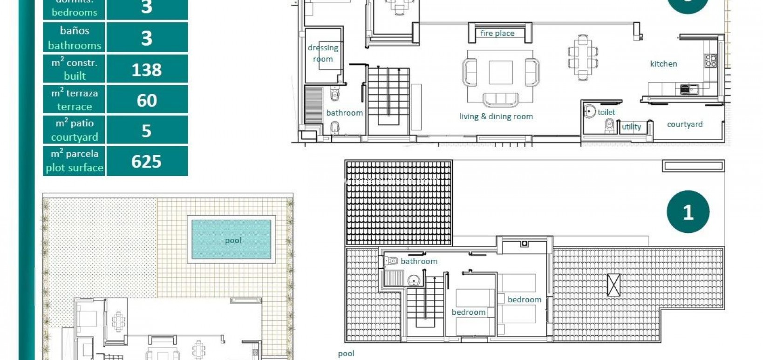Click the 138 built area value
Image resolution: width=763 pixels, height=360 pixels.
[146, 70]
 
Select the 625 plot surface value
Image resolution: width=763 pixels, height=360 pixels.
[146, 162]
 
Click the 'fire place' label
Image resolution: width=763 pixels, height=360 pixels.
[497, 34]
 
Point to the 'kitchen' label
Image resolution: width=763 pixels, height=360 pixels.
[663, 64]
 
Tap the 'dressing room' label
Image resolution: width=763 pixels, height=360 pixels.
[323, 53]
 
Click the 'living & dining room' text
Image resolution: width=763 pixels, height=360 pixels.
[496, 116]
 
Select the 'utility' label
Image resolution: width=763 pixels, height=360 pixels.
[631, 127]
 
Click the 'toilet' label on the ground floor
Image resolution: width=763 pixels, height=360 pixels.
[606, 112]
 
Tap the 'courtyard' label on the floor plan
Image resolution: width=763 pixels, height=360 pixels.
[684, 124]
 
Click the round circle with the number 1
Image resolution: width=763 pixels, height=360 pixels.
[688, 212]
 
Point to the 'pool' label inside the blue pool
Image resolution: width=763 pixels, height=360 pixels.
[233, 240]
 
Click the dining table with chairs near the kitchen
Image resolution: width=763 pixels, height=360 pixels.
[582, 58]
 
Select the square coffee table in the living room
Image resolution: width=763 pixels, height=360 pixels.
[500, 72]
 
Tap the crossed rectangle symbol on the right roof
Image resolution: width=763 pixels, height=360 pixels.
[613, 285]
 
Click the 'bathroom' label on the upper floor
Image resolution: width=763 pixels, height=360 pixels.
[419, 261]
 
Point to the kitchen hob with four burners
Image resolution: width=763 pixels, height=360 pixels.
[710, 61]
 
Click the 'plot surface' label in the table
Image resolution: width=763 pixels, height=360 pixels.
[75, 168]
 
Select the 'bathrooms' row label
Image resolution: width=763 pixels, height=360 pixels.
[75, 45]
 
